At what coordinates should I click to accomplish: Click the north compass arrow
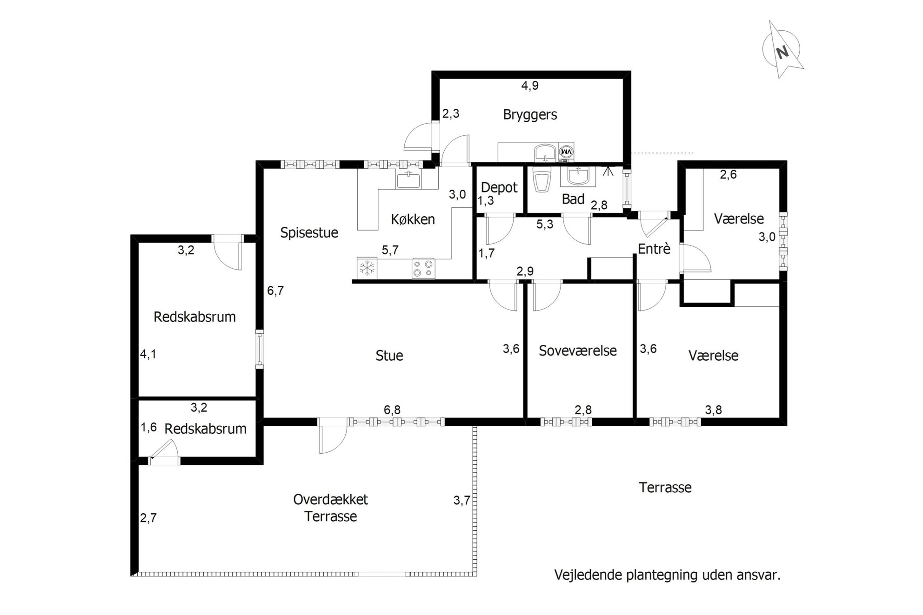(x=783, y=50)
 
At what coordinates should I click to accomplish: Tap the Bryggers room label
(x=530, y=114)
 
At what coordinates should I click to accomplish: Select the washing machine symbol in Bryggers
(x=566, y=152)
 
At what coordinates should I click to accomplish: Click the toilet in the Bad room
(x=541, y=181)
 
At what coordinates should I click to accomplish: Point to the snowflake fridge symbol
(x=368, y=268)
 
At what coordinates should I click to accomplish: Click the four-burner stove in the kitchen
(x=423, y=268)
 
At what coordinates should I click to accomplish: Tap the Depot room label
(x=499, y=187)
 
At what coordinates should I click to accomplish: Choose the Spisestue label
(x=309, y=232)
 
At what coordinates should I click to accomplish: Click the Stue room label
(x=389, y=356)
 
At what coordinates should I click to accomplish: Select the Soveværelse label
(x=578, y=350)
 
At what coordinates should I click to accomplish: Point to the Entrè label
(x=654, y=249)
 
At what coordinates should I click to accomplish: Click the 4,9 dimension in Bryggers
(x=530, y=86)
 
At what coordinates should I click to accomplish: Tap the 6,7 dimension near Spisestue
(x=275, y=291)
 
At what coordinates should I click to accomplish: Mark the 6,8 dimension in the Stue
(x=392, y=410)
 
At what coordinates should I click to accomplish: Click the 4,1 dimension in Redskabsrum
(x=148, y=354)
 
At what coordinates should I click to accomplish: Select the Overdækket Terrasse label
(x=331, y=508)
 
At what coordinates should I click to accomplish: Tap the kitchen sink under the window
(x=408, y=179)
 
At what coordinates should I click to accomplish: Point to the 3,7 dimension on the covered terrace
(x=462, y=501)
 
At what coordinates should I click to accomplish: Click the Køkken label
(x=413, y=219)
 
